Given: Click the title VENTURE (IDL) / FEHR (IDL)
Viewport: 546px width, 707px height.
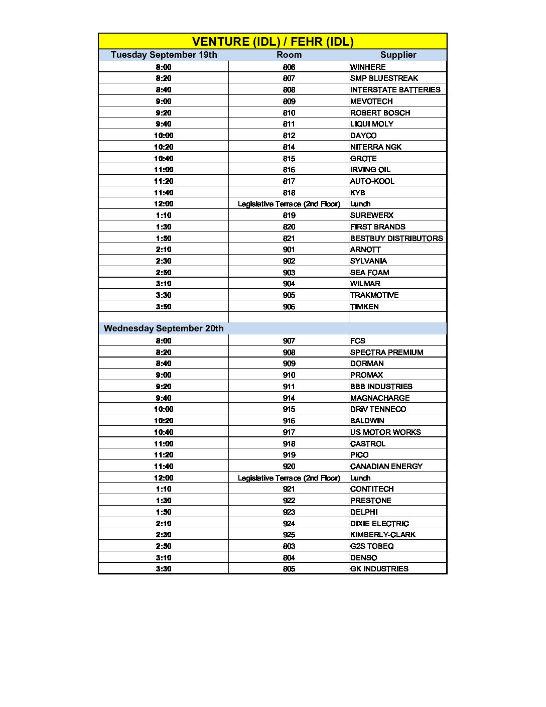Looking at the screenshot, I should [x=272, y=42].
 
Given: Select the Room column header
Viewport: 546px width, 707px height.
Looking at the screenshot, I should [x=289, y=55].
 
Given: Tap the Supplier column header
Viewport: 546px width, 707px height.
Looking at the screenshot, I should [x=398, y=55].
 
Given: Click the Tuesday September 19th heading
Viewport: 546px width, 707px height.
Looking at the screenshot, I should [x=164, y=55].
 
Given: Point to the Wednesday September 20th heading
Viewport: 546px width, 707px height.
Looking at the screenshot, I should [x=164, y=328].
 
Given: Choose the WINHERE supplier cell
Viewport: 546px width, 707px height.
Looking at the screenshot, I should [x=368, y=67].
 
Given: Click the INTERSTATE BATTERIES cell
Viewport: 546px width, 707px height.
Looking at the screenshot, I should [x=395, y=90].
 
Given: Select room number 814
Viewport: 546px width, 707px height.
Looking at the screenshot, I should [x=289, y=147].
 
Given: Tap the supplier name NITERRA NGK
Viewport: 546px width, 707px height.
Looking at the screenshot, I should [x=376, y=147].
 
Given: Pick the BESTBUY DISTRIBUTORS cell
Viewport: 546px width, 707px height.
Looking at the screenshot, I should [x=396, y=239].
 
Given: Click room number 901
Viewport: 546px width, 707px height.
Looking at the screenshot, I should [x=289, y=250].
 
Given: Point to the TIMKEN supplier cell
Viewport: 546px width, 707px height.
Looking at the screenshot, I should [x=364, y=307].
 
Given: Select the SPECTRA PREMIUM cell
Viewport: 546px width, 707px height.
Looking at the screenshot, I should [x=386, y=352].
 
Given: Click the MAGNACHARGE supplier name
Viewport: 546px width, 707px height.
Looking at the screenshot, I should [x=380, y=398].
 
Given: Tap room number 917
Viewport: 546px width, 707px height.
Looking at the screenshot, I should [x=289, y=432].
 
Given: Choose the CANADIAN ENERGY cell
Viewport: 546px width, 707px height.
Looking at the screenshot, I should [x=386, y=466].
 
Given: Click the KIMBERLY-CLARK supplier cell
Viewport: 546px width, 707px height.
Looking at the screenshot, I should [x=383, y=535].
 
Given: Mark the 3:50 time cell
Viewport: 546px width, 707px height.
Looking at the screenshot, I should [x=164, y=307].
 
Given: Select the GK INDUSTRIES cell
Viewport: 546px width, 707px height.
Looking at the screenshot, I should [x=379, y=569].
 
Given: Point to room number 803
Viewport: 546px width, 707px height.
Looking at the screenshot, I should [x=289, y=546].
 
